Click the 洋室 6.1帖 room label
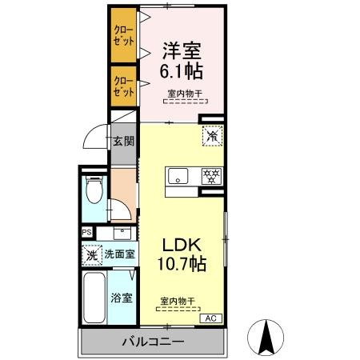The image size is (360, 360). click(182, 61)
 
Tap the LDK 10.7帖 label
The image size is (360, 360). click(182, 254)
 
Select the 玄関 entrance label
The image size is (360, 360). click(123, 141)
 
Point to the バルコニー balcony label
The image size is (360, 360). click(153, 342)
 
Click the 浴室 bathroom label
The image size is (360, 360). click(122, 298)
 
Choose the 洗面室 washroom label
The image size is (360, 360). click(119, 254)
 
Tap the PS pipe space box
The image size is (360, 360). click(87, 232)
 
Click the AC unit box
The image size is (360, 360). click(211, 318)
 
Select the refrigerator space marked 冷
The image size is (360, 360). click(213, 136)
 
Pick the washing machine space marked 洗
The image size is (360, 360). click(92, 255)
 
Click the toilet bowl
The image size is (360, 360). click(94, 190)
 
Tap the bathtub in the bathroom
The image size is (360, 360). click(94, 298)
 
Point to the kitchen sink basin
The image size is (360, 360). click(178, 176)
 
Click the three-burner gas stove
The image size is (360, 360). click(212, 176)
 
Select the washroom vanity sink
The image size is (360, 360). click(122, 234)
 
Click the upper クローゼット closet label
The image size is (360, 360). click(124, 35)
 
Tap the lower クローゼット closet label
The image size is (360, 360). click(124, 86)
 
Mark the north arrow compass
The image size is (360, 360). click(266, 338)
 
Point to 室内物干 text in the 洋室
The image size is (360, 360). click(185, 94)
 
